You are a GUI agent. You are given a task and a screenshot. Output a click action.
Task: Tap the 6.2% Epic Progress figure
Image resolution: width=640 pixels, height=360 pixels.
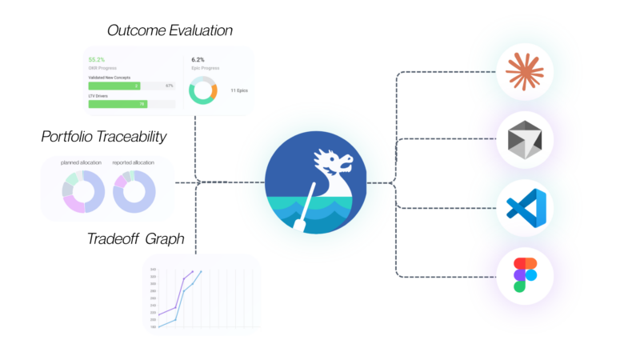198,59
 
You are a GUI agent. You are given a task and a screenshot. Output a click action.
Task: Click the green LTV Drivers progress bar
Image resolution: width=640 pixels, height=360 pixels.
117,103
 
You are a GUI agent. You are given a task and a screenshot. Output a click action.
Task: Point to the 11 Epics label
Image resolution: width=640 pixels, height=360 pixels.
238,90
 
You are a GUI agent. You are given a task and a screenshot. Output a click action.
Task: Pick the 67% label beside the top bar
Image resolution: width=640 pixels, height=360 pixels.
169,85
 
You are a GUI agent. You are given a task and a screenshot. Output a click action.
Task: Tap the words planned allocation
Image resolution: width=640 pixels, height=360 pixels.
81,162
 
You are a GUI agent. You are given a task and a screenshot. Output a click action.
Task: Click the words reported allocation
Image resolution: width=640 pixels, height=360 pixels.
133,162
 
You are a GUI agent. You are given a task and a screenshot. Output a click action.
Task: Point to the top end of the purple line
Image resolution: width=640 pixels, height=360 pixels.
193,271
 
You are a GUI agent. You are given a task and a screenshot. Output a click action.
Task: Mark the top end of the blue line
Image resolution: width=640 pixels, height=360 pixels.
201,271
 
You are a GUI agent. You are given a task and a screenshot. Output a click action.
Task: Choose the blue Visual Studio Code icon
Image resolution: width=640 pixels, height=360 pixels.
525,207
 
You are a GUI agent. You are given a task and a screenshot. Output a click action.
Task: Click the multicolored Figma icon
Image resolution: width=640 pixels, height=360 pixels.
525,274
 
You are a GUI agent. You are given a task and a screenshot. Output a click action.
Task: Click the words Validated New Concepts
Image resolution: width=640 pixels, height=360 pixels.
109,78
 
